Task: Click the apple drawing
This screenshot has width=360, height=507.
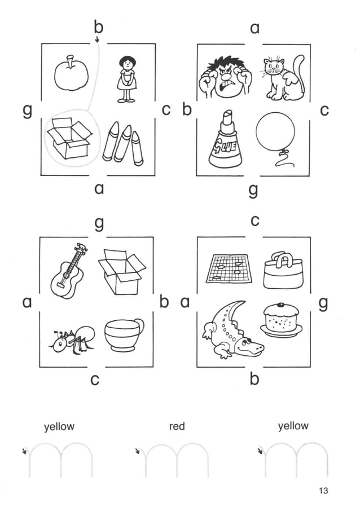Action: (x=71, y=74)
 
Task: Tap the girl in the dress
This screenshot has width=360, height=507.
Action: (x=127, y=79)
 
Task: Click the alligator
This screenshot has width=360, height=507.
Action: (x=231, y=330)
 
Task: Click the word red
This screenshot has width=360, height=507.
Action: (x=177, y=426)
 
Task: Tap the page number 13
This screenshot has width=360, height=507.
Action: (x=323, y=491)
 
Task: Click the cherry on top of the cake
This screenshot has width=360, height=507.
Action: (x=281, y=305)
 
